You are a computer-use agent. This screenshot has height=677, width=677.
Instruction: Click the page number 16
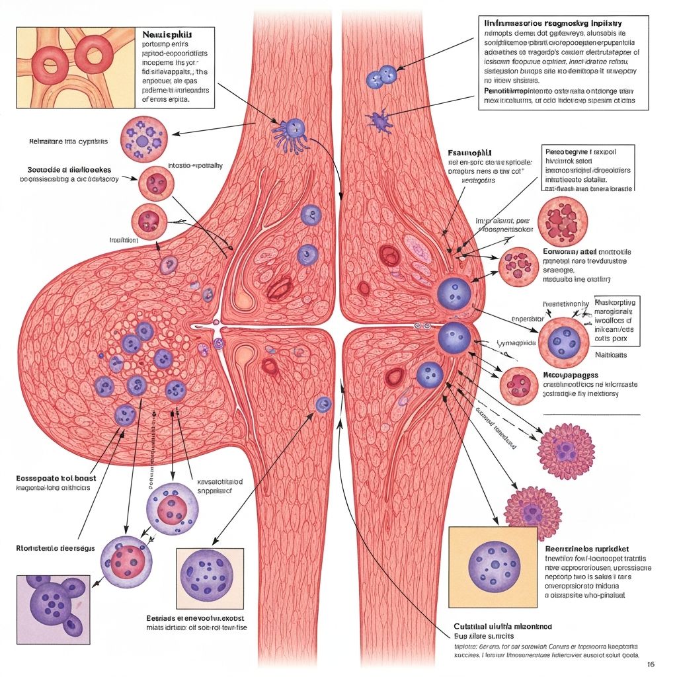click(651, 664)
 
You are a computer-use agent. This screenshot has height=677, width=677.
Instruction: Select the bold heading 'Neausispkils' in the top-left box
click(169, 33)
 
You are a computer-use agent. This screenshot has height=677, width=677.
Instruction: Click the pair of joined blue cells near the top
click(380, 77)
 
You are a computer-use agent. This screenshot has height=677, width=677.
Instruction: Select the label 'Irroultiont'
click(123, 241)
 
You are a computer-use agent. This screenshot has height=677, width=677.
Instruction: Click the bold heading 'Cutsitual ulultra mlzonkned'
click(502, 626)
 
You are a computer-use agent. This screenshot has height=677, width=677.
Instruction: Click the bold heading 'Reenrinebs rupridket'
click(586, 549)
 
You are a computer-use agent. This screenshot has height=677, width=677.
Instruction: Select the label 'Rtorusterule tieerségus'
click(56, 548)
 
